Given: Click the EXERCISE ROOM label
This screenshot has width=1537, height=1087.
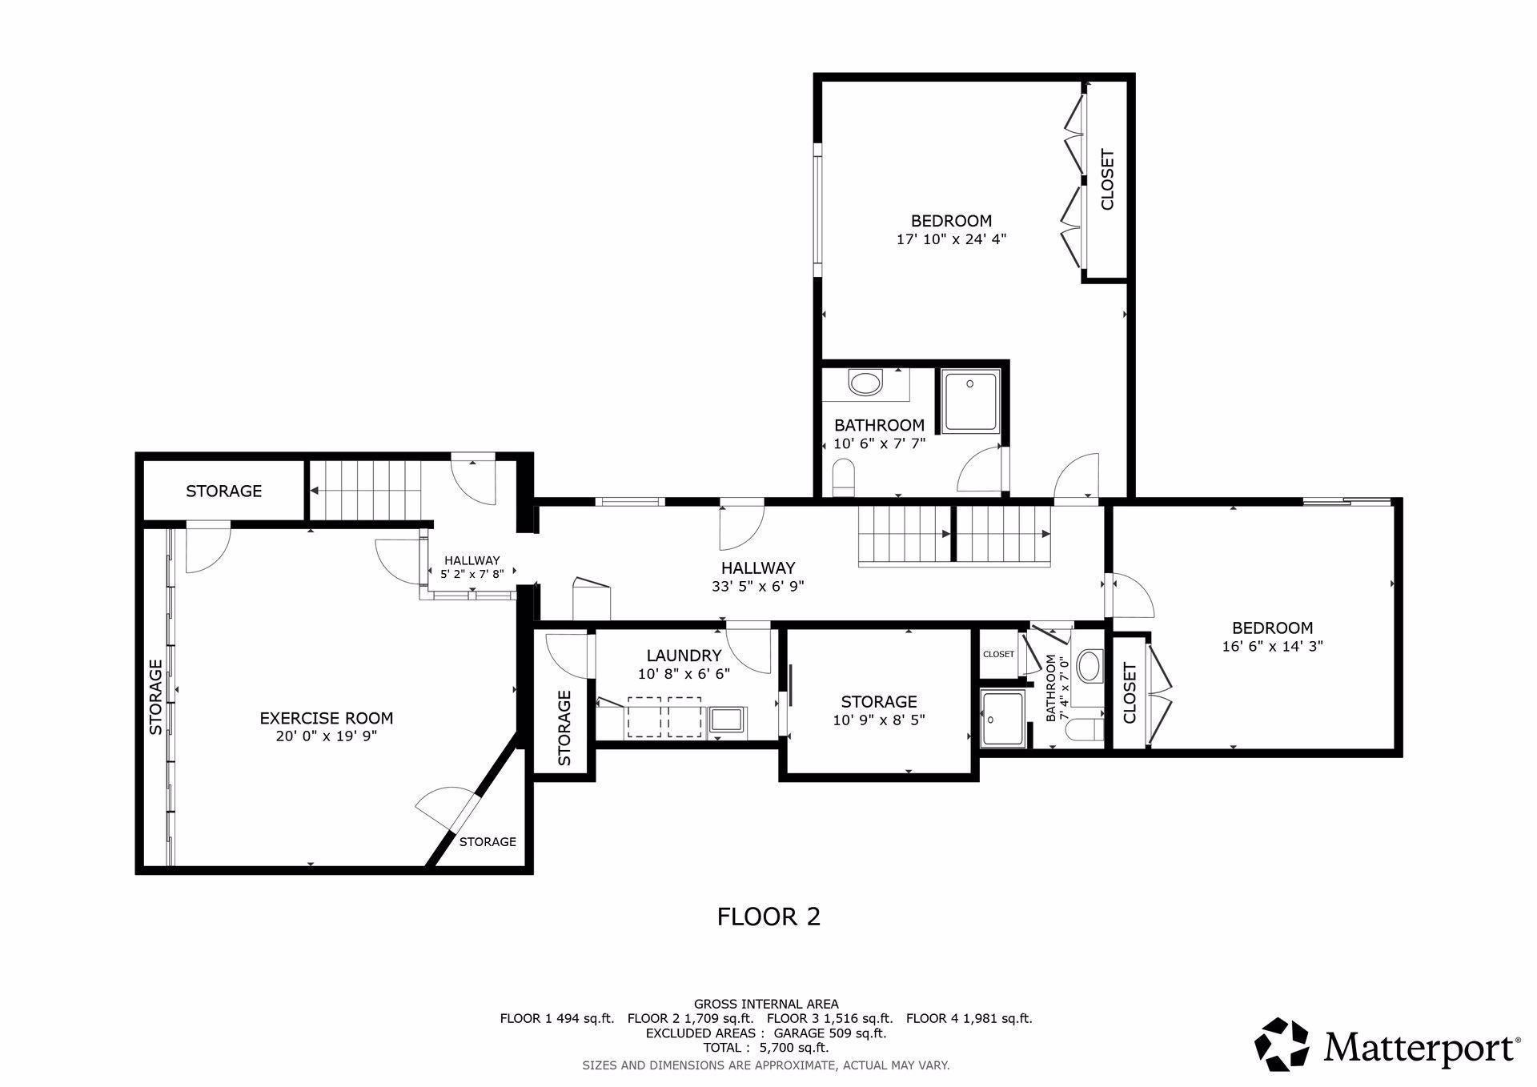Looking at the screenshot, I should tap(326, 718).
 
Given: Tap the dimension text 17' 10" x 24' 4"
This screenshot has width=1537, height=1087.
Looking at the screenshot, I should tap(951, 239).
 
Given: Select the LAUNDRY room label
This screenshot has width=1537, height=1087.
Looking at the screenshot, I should tap(684, 656).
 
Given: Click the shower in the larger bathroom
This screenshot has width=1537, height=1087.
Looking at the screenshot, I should tap(970, 400).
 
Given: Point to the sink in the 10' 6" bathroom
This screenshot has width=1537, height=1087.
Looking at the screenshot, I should tap(865, 382).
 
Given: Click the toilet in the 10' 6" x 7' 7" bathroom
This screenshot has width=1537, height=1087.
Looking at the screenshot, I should tap(844, 478).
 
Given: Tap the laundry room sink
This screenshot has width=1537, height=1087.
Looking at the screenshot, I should tap(726, 719).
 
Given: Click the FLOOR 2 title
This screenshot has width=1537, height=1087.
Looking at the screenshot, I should tap(768, 916).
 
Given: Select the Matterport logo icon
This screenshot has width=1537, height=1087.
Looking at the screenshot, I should tap(1282, 1044).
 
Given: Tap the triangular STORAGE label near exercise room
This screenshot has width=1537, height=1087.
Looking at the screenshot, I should tap(488, 841).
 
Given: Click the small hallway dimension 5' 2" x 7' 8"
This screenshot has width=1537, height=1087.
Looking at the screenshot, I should tap(472, 574).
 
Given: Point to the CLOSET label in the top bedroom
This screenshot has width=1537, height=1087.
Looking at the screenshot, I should tap(1108, 179).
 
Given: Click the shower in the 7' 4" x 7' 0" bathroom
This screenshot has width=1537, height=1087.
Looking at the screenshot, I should tap(1003, 718).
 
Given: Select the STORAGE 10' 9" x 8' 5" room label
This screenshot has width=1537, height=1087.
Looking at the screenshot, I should tap(878, 702).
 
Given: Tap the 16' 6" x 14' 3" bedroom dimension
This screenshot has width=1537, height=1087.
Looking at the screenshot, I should tap(1272, 646).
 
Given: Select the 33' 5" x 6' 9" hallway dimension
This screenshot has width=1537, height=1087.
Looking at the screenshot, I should tap(757, 586).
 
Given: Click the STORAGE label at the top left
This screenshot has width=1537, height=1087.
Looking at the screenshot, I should tap(223, 491).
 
